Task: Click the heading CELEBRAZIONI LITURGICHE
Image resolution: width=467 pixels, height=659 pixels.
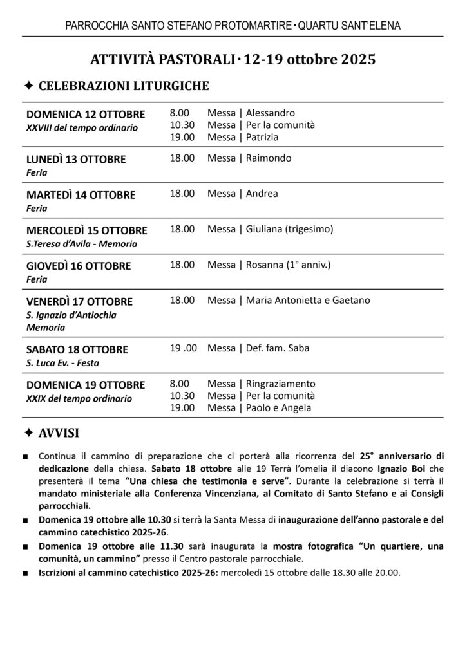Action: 124,86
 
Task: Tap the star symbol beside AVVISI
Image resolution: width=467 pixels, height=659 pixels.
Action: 29,431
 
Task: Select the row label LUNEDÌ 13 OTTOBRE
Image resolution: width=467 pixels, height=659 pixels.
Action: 76,159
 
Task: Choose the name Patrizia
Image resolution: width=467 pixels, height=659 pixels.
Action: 265,136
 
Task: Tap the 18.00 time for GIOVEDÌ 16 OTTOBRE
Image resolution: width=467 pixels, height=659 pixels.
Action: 182,265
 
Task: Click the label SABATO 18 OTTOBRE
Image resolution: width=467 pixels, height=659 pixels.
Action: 77,349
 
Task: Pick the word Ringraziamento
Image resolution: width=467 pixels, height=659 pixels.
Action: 281,384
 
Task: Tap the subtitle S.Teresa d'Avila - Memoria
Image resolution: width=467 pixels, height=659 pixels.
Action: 82,243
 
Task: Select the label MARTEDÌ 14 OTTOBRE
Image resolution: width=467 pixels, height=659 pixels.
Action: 81,194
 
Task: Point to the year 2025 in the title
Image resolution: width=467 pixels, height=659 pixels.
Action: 355,59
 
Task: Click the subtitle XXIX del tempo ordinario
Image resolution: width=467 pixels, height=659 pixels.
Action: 79,398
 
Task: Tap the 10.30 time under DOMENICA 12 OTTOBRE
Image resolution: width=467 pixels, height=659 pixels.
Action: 182,125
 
